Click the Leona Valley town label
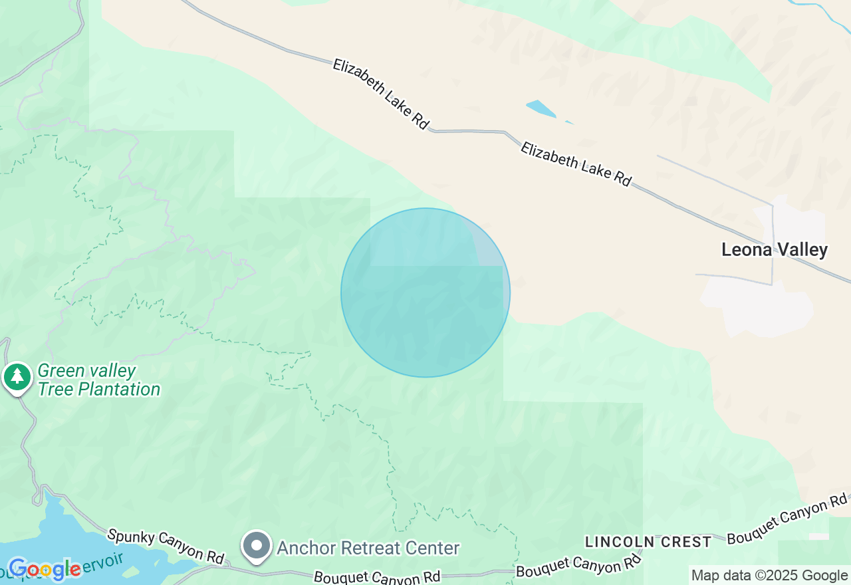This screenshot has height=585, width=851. click(x=775, y=250)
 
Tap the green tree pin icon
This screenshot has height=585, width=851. click(x=17, y=376)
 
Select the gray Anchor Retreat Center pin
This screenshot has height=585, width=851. click(x=257, y=545)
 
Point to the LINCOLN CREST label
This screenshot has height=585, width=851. click(x=648, y=542)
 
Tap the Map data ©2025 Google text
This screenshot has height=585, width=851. click(x=769, y=576)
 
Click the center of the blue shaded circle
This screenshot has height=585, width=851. click(x=425, y=292)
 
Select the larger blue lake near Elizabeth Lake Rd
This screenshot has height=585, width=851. click(x=541, y=108)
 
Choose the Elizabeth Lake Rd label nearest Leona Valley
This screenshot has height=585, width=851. click(x=576, y=164)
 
